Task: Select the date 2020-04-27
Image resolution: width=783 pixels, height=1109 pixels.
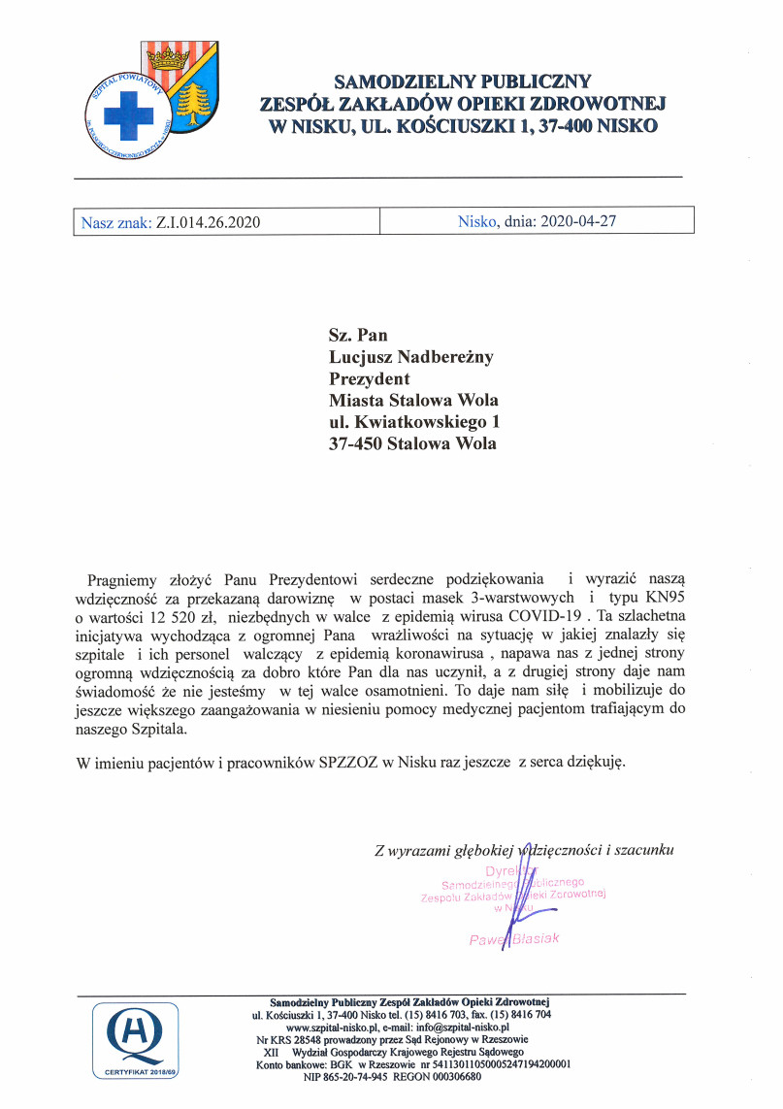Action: click(577, 221)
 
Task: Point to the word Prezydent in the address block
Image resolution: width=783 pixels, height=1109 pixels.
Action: click(370, 378)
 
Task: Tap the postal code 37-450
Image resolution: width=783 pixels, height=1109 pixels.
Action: click(355, 443)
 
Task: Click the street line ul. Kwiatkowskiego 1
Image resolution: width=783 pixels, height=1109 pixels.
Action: click(415, 422)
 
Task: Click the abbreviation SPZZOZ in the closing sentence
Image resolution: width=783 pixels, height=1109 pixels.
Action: click(349, 763)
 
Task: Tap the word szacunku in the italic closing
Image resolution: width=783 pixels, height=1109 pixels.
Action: click(641, 851)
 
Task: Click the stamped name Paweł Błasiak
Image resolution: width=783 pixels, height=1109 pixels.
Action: click(513, 939)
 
